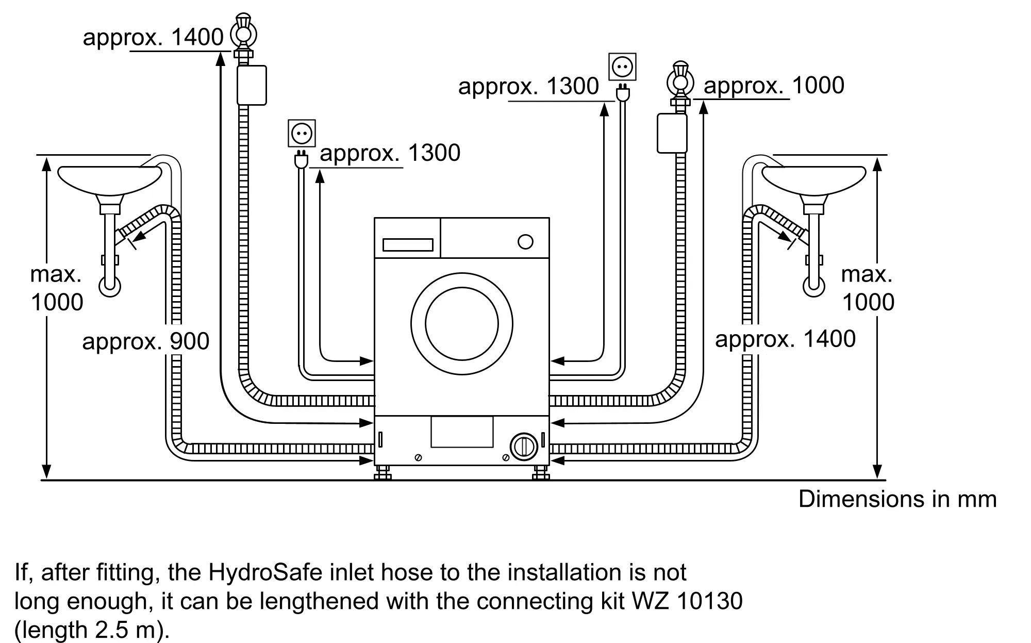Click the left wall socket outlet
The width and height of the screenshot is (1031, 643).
pos(302,134)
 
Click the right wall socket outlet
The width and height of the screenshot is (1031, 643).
pos(622,67)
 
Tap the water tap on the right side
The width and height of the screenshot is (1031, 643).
pos(680,81)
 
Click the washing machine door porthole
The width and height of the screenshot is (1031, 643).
pos(462,324)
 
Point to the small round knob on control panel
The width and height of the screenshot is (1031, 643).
pos(525,241)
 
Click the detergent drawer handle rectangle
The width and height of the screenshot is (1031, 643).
pos(407,244)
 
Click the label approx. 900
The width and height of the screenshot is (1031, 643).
pos(146,341)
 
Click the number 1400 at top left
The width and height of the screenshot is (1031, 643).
pos(197,37)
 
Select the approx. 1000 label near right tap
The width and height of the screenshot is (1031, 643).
pos(774,86)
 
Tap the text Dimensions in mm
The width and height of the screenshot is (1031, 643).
pos(897,499)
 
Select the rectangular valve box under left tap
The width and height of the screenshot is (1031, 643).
pos(252,85)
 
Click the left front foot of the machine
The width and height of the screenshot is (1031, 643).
pos(383,472)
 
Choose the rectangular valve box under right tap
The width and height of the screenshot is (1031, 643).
pos(672,133)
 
